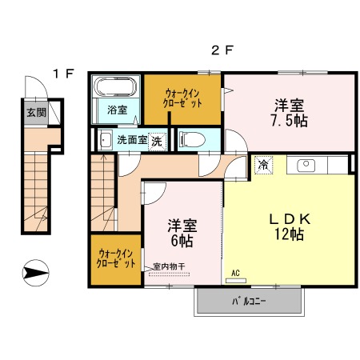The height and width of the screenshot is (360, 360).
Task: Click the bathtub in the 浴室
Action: point(115,86)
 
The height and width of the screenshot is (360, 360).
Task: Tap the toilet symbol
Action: point(193,139)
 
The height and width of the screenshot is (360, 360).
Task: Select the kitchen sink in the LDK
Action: point(306,166)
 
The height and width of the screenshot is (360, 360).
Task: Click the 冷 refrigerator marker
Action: point(263,165)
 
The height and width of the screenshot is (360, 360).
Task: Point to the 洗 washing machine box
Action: point(157,142)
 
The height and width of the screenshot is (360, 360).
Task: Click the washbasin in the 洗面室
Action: point(106,140)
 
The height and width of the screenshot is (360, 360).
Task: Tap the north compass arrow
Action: point(35,273)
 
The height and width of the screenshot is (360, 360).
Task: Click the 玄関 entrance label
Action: point(36,113)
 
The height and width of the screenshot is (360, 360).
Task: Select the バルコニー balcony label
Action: point(249,302)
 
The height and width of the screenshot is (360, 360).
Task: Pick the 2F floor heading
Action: point(222,50)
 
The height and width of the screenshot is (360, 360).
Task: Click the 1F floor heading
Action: point(63,74)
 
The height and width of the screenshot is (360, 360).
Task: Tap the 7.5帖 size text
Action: point(290,121)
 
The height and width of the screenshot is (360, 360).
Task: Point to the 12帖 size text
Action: point(290,234)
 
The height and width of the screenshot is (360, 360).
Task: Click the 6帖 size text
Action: point(182,241)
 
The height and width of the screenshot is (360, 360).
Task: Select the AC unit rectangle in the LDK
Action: point(236,280)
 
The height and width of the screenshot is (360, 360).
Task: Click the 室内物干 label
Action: point(169,266)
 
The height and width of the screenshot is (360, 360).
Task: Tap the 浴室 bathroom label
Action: point(118,110)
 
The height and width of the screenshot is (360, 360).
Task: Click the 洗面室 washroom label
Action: point(132,140)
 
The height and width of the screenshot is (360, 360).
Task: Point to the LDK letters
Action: point(290,219)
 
